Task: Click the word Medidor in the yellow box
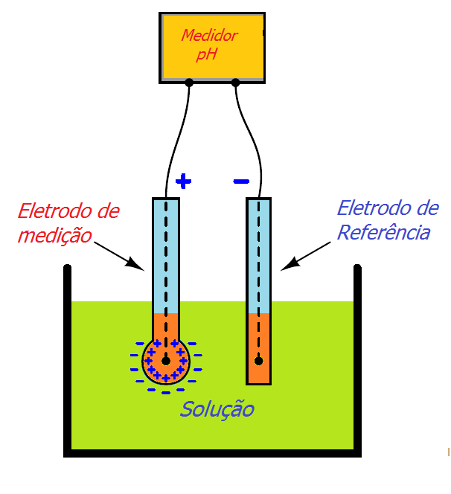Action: [x=210, y=35]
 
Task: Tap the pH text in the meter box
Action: [x=207, y=54]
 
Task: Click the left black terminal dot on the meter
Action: [x=189, y=83]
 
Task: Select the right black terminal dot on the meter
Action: [x=236, y=83]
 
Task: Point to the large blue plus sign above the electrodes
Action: [x=183, y=181]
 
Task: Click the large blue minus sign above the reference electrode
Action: [x=241, y=181]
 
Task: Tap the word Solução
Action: [x=217, y=409]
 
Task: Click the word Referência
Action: [x=383, y=232]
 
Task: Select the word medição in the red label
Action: [x=54, y=235]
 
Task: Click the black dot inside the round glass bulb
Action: [x=166, y=361]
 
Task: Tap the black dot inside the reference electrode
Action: [x=258, y=361]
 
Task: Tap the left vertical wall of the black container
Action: [x=67, y=357]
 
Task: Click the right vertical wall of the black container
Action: [x=357, y=357]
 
